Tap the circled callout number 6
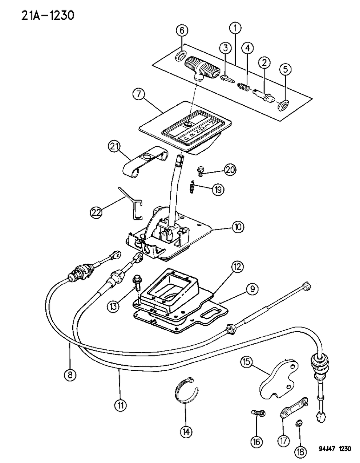(182, 31)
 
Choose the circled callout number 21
(114, 148)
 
